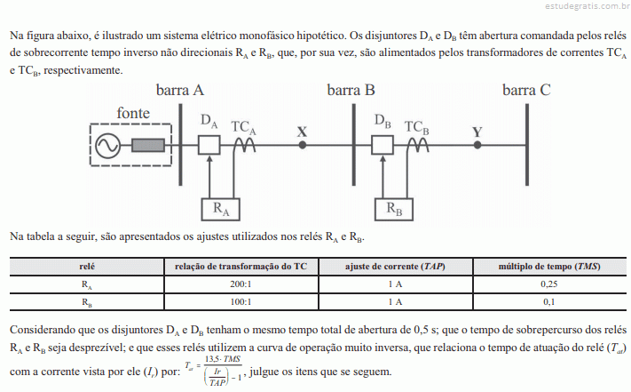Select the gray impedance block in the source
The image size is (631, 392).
click(148, 145)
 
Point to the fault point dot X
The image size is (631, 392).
click(303, 145)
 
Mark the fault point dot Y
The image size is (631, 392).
click(477, 145)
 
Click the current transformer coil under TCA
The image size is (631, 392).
click(244, 145)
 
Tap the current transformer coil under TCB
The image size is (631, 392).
click(418, 145)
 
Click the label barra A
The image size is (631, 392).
click(180, 90)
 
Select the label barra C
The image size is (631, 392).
click(526, 90)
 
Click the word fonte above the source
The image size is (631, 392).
click(133, 113)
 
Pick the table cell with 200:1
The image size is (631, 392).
click(241, 284)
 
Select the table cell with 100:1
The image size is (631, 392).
click(241, 301)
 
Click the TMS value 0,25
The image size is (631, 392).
click(548, 284)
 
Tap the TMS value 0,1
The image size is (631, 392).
click(548, 301)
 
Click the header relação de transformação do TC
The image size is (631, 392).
click(241, 267)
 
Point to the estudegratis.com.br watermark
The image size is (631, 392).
click(588, 5)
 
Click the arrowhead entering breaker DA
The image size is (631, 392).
click(209, 159)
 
